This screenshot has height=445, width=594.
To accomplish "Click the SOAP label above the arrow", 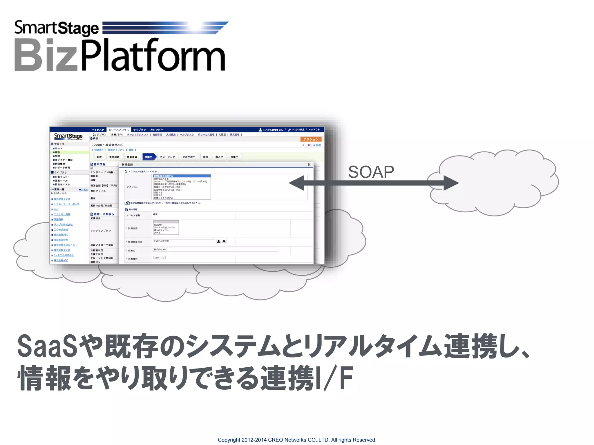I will click(x=371, y=172).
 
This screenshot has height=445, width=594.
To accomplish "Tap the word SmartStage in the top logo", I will click(x=57, y=28).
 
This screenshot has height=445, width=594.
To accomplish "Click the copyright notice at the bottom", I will click(x=297, y=440).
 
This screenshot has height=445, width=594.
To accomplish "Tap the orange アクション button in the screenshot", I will click(x=311, y=139).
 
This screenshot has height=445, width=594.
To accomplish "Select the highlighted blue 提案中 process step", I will click(x=149, y=157).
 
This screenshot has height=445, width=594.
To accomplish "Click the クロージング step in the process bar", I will click(x=167, y=157).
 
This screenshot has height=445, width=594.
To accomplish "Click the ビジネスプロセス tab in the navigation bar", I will click(x=119, y=130).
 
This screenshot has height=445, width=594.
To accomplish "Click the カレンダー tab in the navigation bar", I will click(x=157, y=130).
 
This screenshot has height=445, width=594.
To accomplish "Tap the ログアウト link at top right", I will click(x=314, y=130).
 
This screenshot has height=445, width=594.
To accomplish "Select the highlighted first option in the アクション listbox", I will click(x=182, y=176).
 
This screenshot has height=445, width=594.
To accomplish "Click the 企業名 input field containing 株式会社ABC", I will click(x=215, y=249).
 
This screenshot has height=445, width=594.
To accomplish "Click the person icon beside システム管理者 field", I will click(x=219, y=241).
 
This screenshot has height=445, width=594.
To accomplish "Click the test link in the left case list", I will click(x=56, y=209).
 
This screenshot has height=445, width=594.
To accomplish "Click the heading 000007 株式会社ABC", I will click(x=107, y=145).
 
